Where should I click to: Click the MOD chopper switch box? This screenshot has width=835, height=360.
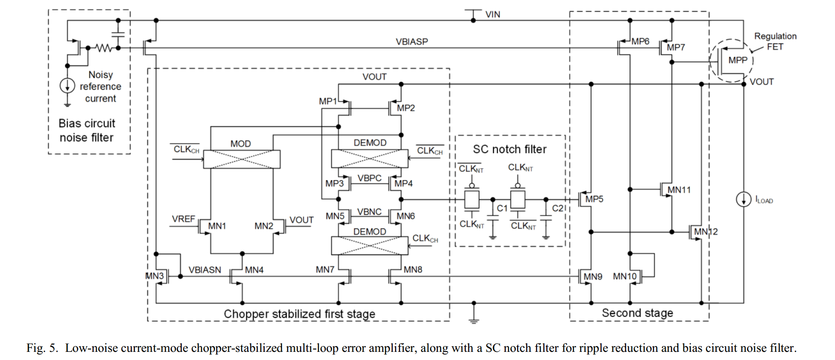242,159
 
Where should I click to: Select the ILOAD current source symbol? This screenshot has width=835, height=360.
743,199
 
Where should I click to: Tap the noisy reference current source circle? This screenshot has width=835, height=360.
67,85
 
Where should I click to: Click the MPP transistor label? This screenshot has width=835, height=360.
737,60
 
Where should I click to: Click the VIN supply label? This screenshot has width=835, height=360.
492,15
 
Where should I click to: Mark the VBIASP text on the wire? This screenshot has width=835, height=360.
411,42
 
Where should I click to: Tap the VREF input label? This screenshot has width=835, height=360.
184,219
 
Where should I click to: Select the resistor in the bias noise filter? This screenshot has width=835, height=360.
103,48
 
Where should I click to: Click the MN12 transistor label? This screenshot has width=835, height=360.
706,232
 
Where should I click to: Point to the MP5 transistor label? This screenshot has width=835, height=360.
594,199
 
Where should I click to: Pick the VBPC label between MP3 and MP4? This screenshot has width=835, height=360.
369,178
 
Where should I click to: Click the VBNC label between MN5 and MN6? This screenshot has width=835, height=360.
369,212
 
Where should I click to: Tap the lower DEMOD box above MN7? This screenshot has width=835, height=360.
369,246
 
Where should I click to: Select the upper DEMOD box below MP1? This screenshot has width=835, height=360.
369,159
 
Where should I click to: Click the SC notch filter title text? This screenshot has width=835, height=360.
510,149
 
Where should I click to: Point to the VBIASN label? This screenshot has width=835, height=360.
205,270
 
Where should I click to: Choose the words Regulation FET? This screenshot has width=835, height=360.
775,41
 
